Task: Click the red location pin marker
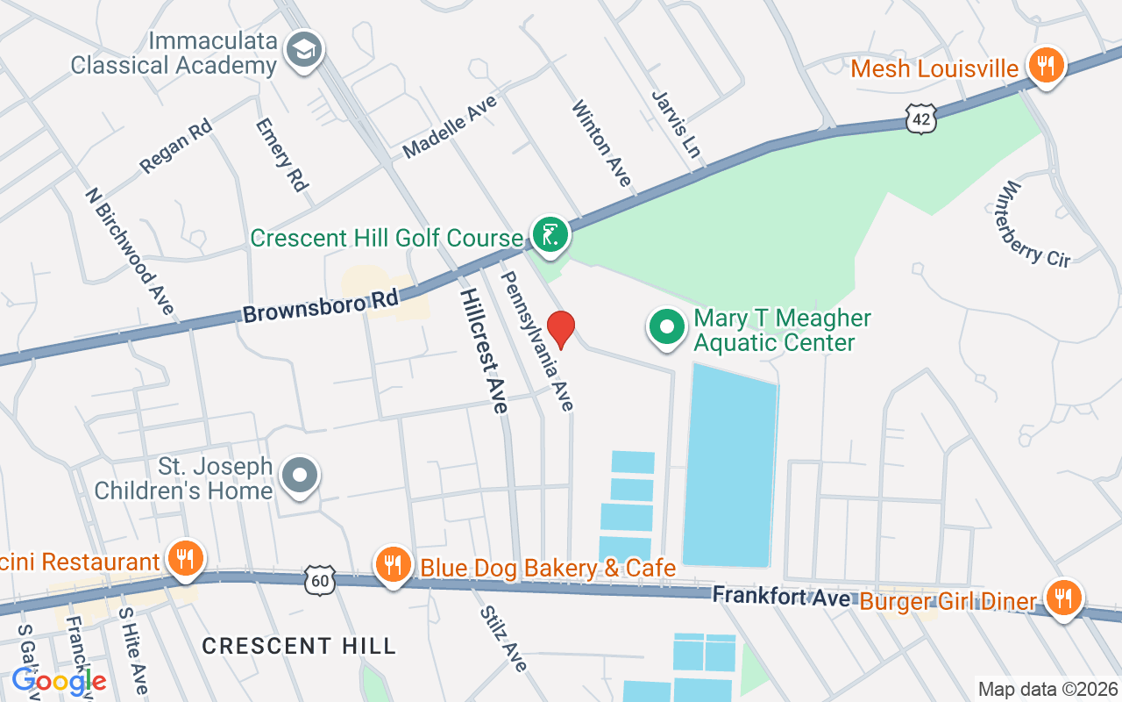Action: click(x=560, y=330)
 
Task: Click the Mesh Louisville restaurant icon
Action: click(x=1045, y=66)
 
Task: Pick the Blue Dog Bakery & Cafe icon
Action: click(x=393, y=564)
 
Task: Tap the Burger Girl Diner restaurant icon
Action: click(x=1063, y=598)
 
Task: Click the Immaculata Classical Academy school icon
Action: click(x=305, y=49)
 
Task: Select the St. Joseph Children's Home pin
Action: click(x=301, y=476)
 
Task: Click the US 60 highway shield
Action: click(x=320, y=578)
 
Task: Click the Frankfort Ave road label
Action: click(x=780, y=597)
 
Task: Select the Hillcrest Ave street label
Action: click(x=483, y=350)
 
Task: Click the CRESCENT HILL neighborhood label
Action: click(x=299, y=647)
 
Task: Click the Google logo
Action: click(x=59, y=680)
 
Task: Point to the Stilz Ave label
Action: click(x=503, y=640)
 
